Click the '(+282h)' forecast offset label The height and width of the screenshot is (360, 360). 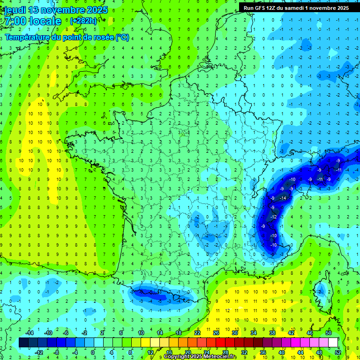[83, 21]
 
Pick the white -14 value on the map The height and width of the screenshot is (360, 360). [283, 198]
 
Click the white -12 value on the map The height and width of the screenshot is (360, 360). [274, 217]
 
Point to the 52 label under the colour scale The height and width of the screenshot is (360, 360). [338, 352]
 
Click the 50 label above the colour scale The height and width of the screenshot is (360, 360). [328, 333]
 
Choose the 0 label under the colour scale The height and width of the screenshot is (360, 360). [93, 352]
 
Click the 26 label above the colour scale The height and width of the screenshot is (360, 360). [216, 333]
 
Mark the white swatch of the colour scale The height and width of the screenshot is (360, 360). [333, 343]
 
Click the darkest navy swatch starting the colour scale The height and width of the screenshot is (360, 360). [23, 343]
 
